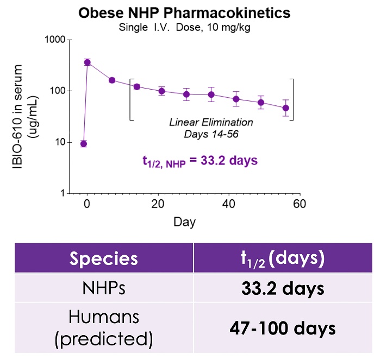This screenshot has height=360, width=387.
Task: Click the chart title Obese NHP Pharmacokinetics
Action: (x=185, y=12)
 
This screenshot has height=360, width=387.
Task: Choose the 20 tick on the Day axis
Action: (x=158, y=205)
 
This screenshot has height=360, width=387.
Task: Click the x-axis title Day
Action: (x=184, y=222)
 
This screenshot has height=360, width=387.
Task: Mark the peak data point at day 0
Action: (x=87, y=62)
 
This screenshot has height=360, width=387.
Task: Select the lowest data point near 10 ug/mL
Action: (x=84, y=143)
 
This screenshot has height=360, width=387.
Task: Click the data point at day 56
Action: (x=286, y=108)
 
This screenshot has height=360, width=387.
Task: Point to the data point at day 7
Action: (x=112, y=80)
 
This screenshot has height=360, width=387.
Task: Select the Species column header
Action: (x=103, y=258)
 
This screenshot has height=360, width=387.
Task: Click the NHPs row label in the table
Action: (x=103, y=288)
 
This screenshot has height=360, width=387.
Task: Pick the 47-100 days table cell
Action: (x=283, y=329)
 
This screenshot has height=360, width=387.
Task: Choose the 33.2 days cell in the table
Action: (x=283, y=288)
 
